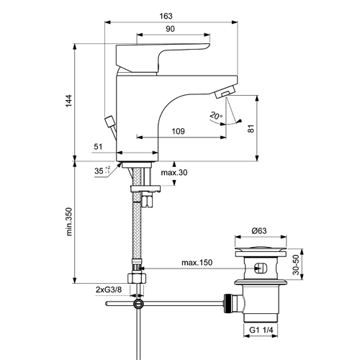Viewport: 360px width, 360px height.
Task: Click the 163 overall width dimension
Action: point(166,16)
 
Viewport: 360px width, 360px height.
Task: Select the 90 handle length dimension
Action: point(170,29)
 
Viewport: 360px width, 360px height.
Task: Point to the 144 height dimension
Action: point(69,101)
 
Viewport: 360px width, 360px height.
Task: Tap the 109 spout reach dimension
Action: point(179,131)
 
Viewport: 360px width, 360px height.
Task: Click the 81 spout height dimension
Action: point(251,129)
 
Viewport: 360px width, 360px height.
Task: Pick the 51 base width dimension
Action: point(98,147)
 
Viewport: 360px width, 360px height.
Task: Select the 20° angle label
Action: point(216,116)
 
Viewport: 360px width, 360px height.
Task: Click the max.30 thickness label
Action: point(174,173)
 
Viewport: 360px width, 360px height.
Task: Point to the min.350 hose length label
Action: point(69,222)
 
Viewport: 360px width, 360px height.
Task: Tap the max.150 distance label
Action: point(197,263)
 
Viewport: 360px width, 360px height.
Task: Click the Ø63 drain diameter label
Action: point(259,231)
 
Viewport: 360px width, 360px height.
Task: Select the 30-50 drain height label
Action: point(296,264)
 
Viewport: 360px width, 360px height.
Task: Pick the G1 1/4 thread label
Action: point(261,330)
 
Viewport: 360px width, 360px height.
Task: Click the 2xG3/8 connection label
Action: point(109,289)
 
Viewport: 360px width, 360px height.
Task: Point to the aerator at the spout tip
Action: point(224,92)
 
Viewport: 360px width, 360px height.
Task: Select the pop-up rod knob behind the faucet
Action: point(109,121)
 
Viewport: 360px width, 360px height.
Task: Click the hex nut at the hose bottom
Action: point(137,278)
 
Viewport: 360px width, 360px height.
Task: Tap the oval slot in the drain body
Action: point(261,267)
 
